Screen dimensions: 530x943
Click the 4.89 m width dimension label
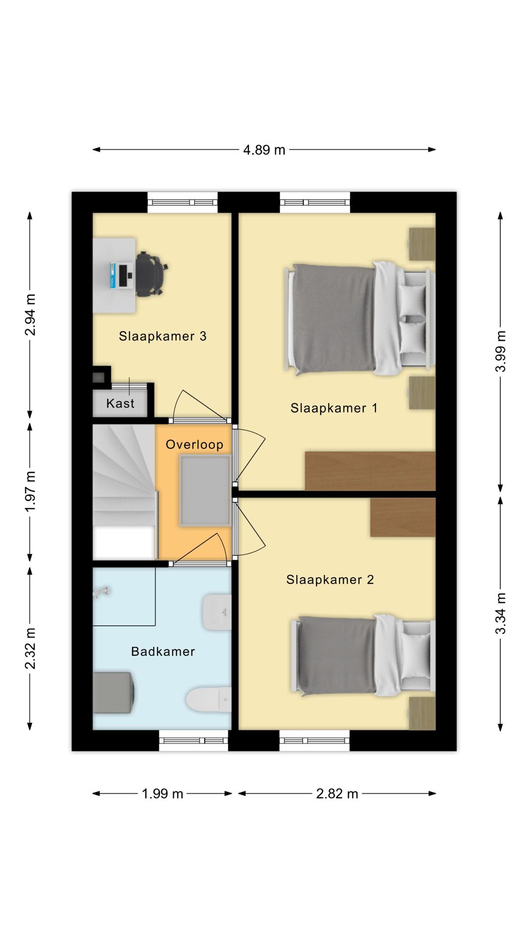point(264,150)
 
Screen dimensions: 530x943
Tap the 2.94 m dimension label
point(30,314)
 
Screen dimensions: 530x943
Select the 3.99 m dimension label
point(500,351)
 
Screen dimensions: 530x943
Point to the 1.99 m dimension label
point(162,794)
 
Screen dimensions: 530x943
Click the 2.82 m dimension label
point(337,794)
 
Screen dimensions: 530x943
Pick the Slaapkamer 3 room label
point(162,336)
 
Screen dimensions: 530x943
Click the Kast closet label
point(120,403)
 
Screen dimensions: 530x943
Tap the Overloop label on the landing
point(194,444)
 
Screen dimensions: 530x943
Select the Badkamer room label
point(163,651)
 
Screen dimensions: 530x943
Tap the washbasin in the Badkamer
point(216,612)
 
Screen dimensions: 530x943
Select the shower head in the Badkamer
point(102,592)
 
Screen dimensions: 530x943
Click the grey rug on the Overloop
point(205,491)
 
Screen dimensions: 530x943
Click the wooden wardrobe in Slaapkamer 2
point(403,517)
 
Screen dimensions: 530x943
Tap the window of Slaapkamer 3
point(183,202)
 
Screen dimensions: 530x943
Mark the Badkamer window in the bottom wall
point(193,741)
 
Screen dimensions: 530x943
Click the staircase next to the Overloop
point(125,492)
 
